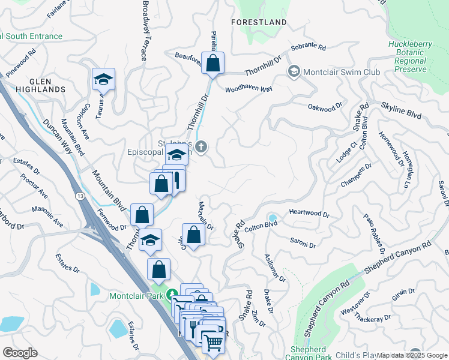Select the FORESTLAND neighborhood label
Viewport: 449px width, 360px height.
click(x=259, y=22)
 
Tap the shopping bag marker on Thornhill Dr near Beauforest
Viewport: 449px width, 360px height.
click(x=212, y=63)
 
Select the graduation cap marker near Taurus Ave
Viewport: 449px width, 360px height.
click(x=103, y=79)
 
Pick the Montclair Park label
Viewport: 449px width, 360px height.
click(x=139, y=295)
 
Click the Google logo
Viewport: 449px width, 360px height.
click(x=20, y=353)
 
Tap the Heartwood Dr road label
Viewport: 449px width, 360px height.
click(x=309, y=214)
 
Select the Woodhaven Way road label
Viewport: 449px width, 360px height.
click(x=249, y=89)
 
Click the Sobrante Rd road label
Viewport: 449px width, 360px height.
click(x=307, y=47)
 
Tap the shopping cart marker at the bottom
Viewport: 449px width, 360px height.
click(x=212, y=343)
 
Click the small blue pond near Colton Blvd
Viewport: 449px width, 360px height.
click(x=273, y=218)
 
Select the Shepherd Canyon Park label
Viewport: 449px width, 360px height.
click(x=311, y=353)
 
